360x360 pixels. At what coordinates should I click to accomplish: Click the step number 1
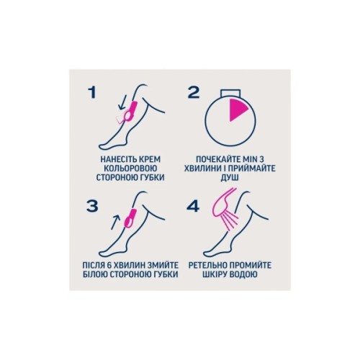click(92, 92)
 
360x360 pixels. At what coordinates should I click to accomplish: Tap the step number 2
click(194, 92)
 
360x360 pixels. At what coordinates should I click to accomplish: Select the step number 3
click(92, 206)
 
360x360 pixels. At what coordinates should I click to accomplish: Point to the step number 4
click(193, 207)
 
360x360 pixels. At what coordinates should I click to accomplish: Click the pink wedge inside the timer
click(237, 109)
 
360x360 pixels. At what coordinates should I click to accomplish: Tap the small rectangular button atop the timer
click(230, 93)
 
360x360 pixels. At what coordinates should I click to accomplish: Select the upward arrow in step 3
click(115, 222)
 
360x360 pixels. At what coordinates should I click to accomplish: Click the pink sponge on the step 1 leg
click(130, 111)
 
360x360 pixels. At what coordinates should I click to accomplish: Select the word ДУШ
click(230, 178)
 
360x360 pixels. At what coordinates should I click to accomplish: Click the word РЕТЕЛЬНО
click(207, 265)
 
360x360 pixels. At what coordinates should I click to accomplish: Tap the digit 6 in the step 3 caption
click(114, 265)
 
